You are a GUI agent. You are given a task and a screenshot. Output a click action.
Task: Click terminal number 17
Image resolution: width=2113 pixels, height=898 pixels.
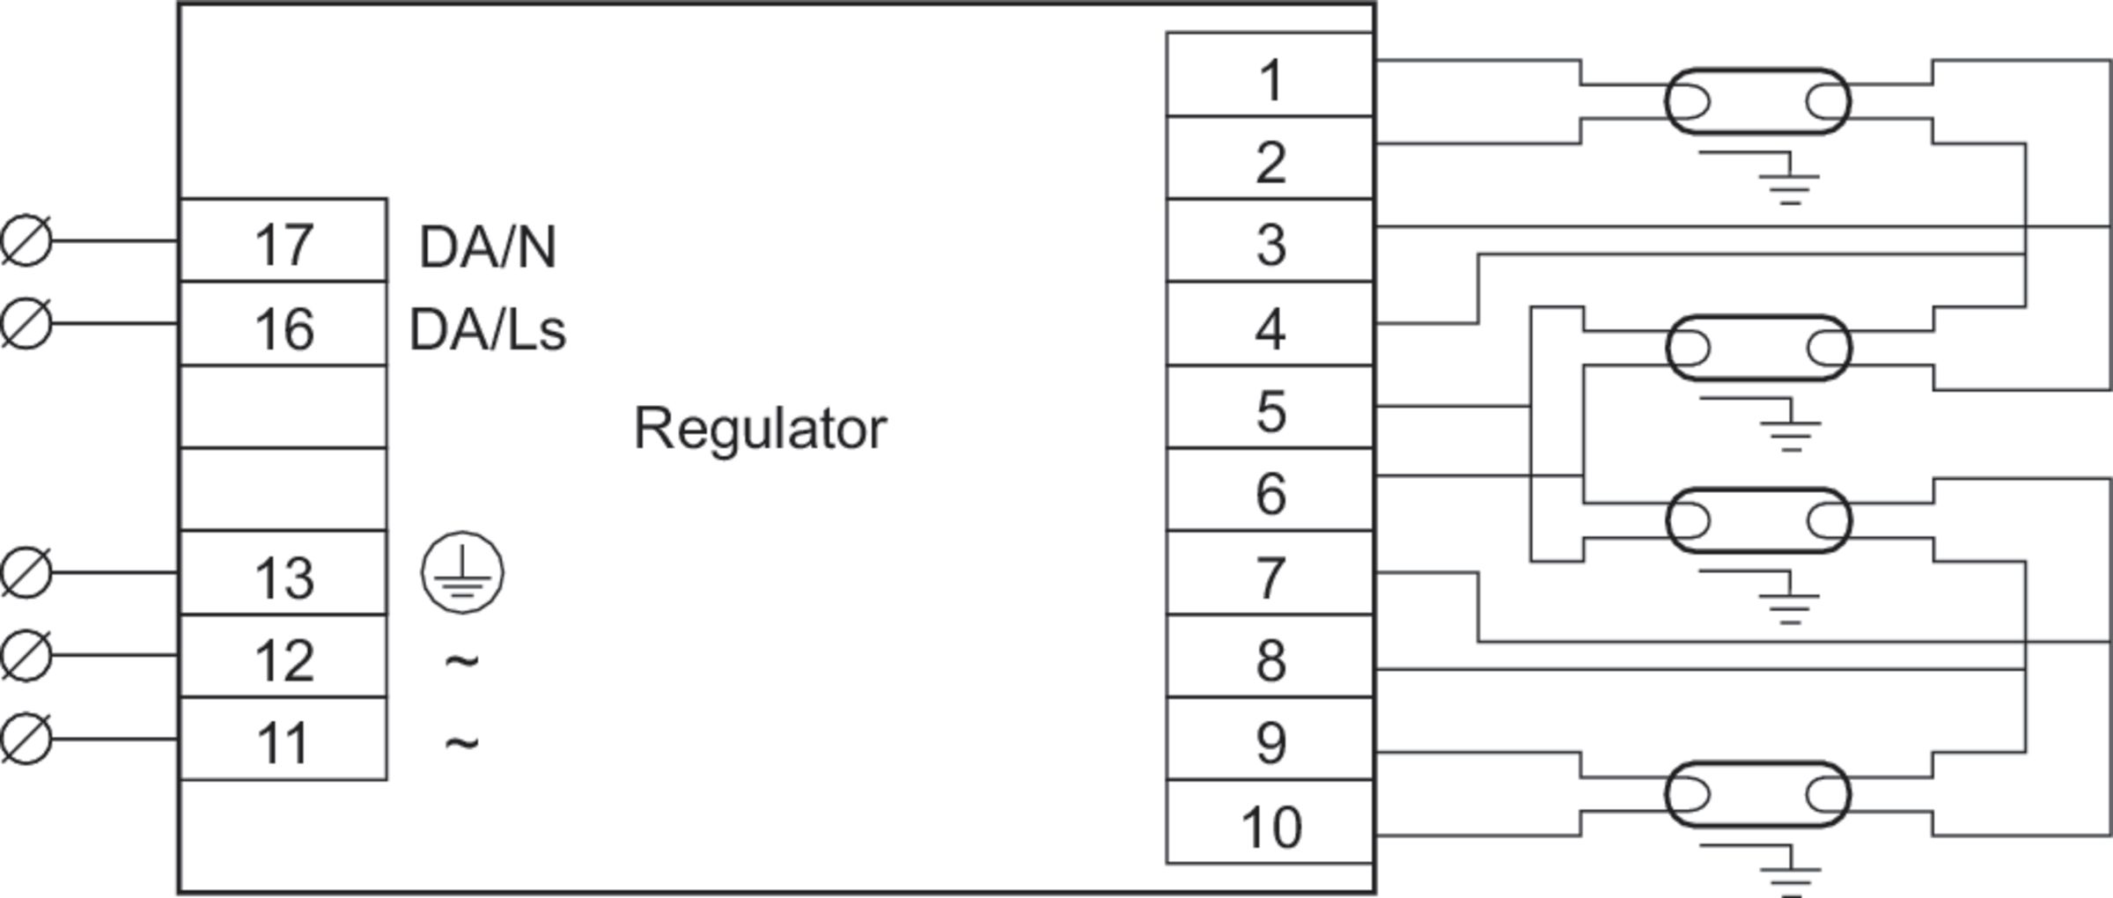[x=283, y=244]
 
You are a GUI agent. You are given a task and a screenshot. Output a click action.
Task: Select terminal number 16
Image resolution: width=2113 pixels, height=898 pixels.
[x=283, y=328]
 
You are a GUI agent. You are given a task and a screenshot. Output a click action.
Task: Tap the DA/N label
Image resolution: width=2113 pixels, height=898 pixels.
[x=487, y=247]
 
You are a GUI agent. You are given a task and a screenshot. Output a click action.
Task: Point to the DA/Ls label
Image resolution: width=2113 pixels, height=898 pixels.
[x=487, y=330]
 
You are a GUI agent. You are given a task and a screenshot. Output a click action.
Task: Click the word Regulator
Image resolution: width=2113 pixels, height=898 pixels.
[x=760, y=429]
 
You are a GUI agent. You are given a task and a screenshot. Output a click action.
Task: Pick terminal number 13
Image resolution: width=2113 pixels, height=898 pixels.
[x=283, y=578]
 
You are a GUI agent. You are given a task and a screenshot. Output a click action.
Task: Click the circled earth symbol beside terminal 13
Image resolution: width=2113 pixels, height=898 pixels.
[x=463, y=572]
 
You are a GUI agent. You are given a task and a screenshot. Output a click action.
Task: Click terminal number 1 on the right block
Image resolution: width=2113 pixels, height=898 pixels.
[x=1270, y=80]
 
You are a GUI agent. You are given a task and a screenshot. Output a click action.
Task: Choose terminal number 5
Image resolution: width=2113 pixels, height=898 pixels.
[x=1270, y=411]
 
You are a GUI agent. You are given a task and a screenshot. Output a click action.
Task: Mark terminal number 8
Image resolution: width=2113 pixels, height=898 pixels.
[x=1270, y=660]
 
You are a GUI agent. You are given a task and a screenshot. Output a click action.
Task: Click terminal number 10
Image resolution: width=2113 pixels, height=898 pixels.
[x=1270, y=827]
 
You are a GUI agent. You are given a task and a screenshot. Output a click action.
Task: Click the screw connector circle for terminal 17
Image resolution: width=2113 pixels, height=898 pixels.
[x=26, y=239]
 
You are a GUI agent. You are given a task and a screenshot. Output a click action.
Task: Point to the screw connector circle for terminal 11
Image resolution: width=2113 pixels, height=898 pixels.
[x=26, y=738]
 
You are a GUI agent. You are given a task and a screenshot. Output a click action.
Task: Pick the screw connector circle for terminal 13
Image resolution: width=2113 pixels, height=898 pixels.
[x=26, y=572]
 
